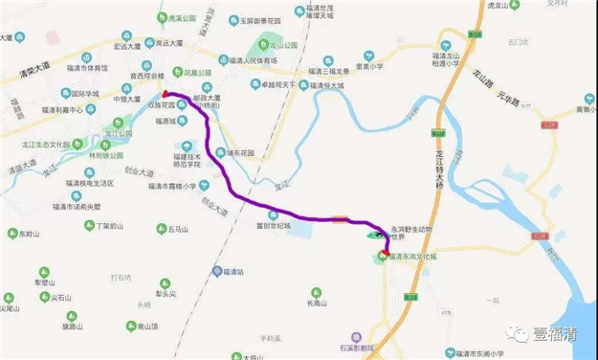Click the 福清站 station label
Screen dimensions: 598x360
tap(236, 272)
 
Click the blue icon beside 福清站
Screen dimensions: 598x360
tap(217, 272)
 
